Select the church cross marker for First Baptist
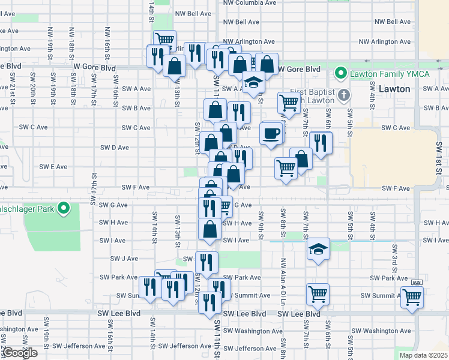tap(343, 95)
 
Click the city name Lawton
tap(395, 88)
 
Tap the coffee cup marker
tap(271, 133)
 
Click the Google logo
tap(20, 353)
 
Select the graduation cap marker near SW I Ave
tap(318, 249)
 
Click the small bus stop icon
tap(417, 282)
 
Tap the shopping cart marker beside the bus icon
tap(412, 296)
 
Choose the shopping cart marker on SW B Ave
tap(289, 103)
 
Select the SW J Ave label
tap(124, 259)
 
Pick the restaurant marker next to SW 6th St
tap(321, 142)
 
